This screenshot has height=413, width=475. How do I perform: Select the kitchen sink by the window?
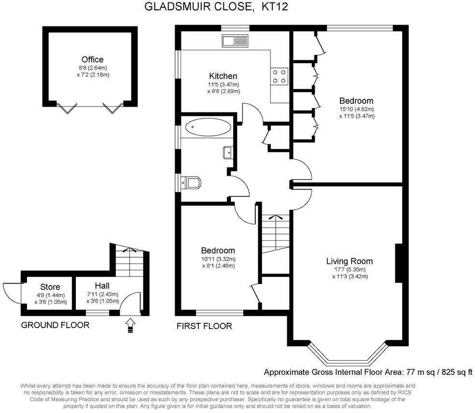235,41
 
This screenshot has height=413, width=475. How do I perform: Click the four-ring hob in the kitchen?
279,76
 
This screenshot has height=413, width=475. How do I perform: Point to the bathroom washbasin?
228,153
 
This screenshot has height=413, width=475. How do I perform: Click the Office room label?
92,59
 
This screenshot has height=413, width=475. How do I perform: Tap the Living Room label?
349,261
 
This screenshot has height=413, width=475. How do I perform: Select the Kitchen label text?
223,76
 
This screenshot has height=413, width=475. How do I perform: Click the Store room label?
50,287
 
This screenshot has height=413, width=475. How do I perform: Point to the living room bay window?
348,359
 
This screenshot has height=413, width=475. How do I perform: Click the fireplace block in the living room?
399,263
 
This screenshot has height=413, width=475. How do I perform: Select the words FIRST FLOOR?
204,326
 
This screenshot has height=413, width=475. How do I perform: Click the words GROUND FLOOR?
55,325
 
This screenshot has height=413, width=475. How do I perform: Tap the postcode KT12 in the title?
273,7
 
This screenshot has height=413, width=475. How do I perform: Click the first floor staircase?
275,234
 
